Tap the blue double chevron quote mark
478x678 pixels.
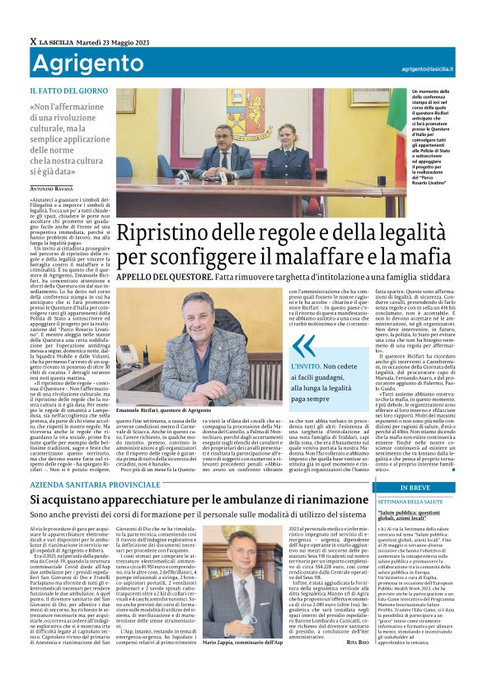click(304, 347)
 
